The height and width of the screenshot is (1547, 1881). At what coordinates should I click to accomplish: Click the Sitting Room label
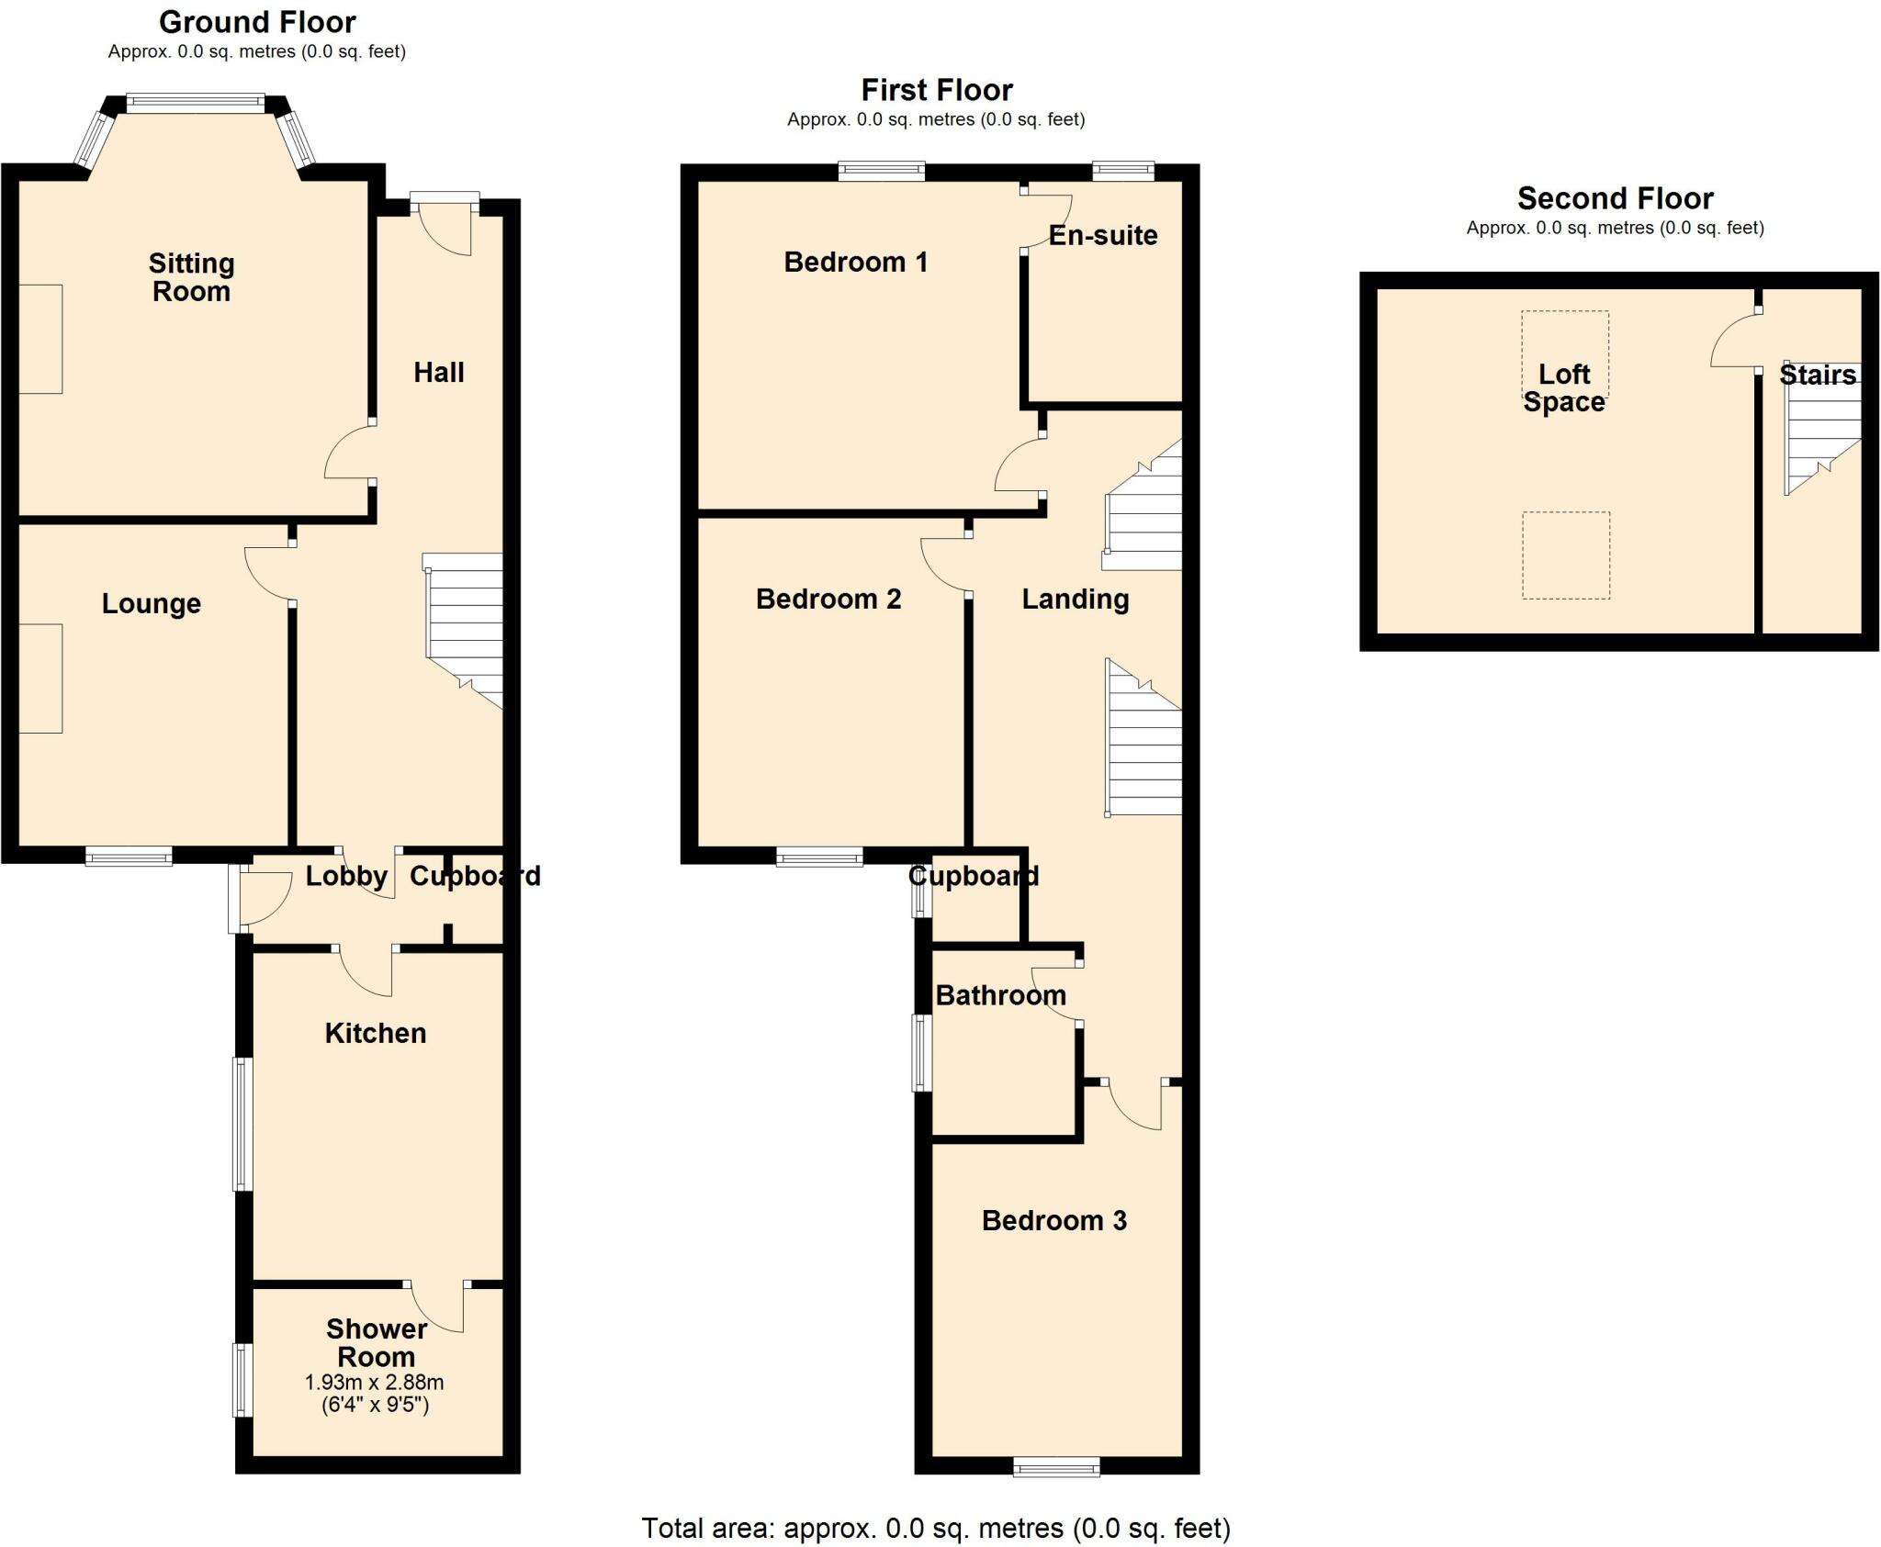click(x=191, y=277)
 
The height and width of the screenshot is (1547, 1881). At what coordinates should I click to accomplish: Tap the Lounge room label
click(x=151, y=603)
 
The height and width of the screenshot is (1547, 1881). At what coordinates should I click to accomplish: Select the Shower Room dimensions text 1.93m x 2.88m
click(x=374, y=1382)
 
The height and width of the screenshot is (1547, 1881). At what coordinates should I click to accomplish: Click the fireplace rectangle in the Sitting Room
click(x=40, y=339)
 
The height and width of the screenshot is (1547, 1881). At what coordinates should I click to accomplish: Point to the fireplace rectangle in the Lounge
click(x=40, y=678)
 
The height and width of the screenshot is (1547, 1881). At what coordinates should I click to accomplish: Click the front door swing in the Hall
click(x=446, y=230)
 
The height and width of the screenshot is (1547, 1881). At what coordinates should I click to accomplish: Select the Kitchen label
click(x=375, y=1033)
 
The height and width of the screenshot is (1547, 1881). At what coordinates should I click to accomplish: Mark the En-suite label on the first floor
click(x=1102, y=235)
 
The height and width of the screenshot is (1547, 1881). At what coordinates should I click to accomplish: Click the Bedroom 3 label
click(x=1053, y=1220)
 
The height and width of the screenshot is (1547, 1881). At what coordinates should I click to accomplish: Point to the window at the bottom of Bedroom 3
click(x=1056, y=1467)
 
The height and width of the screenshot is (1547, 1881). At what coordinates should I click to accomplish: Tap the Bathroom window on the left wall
click(x=921, y=1052)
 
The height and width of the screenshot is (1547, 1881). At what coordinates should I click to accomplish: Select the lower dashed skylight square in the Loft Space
click(x=1565, y=555)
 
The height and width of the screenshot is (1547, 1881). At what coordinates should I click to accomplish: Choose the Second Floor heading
click(x=1615, y=198)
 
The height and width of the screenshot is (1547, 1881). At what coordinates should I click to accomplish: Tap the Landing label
click(x=1075, y=599)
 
